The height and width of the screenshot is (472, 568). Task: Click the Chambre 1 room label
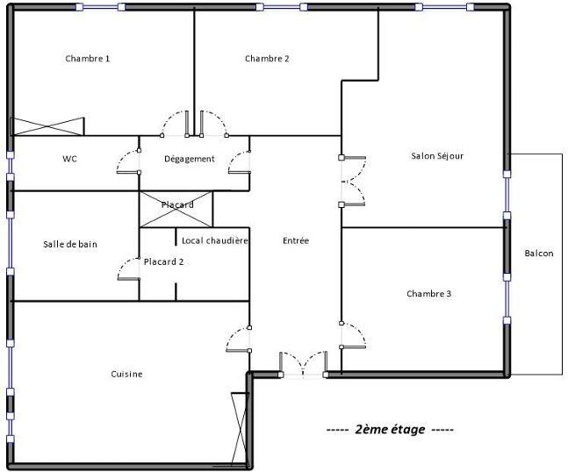(88, 59)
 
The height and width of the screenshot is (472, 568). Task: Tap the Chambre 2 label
(267, 59)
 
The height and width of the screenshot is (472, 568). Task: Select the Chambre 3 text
(428, 294)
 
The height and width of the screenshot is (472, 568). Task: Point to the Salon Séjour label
(436, 156)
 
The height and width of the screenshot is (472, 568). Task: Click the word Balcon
(538, 254)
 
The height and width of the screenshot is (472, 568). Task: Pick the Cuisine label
(126, 374)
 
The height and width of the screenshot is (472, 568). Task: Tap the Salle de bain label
(69, 244)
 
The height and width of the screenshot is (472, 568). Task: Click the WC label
(70, 159)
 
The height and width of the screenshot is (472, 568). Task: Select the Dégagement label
(190, 159)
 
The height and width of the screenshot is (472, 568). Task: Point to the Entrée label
(296, 240)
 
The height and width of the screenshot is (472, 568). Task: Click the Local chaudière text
(214, 240)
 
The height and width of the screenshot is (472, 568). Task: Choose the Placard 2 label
(163, 261)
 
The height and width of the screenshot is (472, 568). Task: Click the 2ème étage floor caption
(390, 430)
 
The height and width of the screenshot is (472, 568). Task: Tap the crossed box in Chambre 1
(47, 126)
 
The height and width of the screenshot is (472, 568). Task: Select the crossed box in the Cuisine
(237, 427)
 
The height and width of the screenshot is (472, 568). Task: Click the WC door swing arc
(128, 159)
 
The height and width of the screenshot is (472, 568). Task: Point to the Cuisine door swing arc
(236, 339)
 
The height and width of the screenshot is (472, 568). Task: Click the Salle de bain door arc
(128, 267)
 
